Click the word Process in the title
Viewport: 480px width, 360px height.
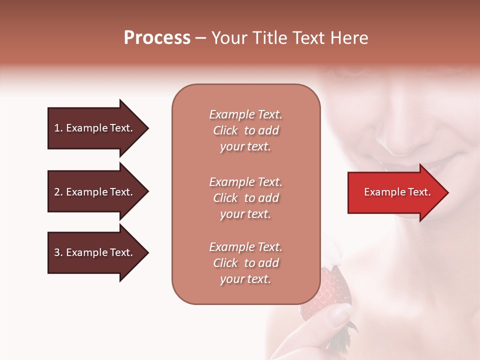pos(157,38)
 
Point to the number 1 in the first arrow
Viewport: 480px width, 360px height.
pos(57,128)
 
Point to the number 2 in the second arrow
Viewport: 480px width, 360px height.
pos(57,192)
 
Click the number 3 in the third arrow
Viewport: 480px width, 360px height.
pos(57,252)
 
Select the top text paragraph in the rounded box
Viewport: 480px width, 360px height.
pos(245,130)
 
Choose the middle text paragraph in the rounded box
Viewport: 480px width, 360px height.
pos(245,198)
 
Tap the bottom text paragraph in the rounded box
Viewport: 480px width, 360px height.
pos(245,263)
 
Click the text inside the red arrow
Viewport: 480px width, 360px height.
pos(397,192)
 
